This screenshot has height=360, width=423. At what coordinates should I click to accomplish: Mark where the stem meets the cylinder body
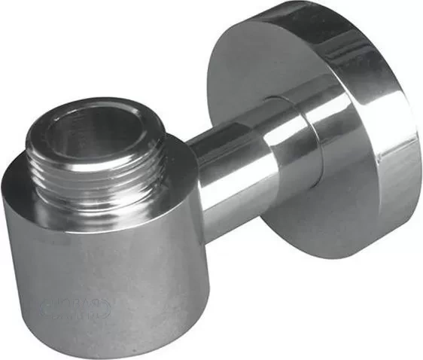click(192, 173)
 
